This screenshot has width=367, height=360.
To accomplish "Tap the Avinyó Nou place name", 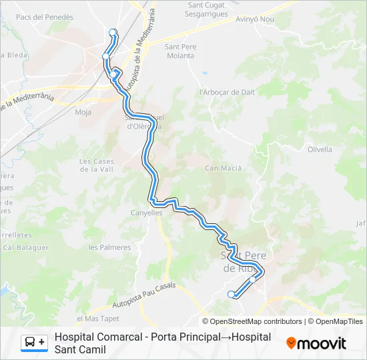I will click(255, 19).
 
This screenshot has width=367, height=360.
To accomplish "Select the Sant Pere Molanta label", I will click(179, 51).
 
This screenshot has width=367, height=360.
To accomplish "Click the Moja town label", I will click(83, 112).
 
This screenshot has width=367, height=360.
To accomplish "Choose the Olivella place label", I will click(320, 149).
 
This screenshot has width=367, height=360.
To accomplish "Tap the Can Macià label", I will click(223, 168).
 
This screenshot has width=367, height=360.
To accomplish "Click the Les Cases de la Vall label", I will click(97, 165).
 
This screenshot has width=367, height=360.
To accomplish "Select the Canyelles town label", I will click(146, 213).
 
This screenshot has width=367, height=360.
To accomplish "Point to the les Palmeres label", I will click(109, 247).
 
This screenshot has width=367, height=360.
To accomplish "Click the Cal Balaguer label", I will click(26, 247).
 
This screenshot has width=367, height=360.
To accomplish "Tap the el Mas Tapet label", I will click(97, 318).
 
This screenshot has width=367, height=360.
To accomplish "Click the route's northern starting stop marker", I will click(112, 31).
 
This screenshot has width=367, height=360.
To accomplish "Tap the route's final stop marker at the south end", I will click(231, 294).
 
